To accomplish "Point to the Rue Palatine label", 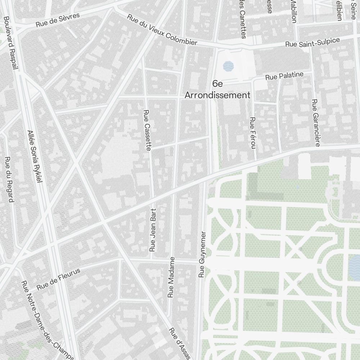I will tap(284, 76).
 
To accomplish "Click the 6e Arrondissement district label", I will tap(217, 90).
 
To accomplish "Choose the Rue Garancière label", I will tap(316, 123).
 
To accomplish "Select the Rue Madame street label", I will tap(171, 277).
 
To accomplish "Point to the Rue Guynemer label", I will tap(202, 254).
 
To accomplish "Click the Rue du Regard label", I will tap(9, 179).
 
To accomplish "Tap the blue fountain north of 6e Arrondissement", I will tap(228, 66).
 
